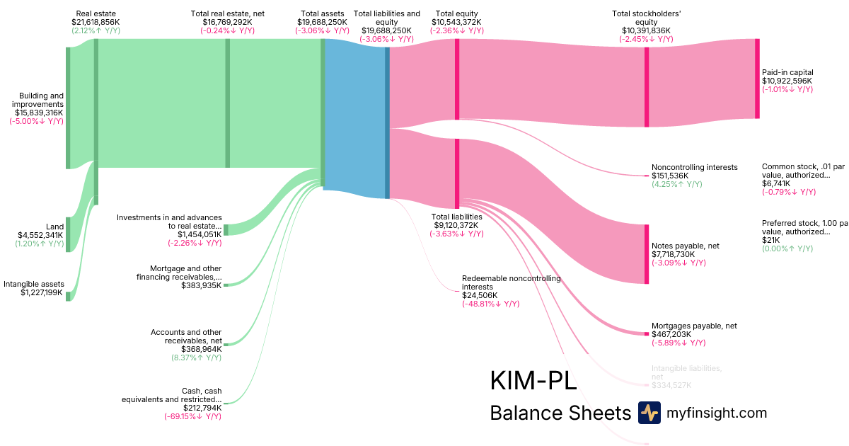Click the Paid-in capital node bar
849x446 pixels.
click(x=757, y=79)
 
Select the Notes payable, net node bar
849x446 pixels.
click(x=646, y=253)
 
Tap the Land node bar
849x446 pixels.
click(x=69, y=234)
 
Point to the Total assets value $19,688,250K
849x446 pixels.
click(x=322, y=22)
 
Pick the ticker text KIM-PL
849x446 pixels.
click(x=533, y=381)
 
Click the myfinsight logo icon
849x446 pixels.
click(x=649, y=413)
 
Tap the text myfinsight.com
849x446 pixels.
click(x=717, y=413)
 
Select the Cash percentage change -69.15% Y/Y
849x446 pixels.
click(x=192, y=416)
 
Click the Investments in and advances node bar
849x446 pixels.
click(x=226, y=229)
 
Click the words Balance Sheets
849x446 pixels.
click(x=560, y=413)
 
